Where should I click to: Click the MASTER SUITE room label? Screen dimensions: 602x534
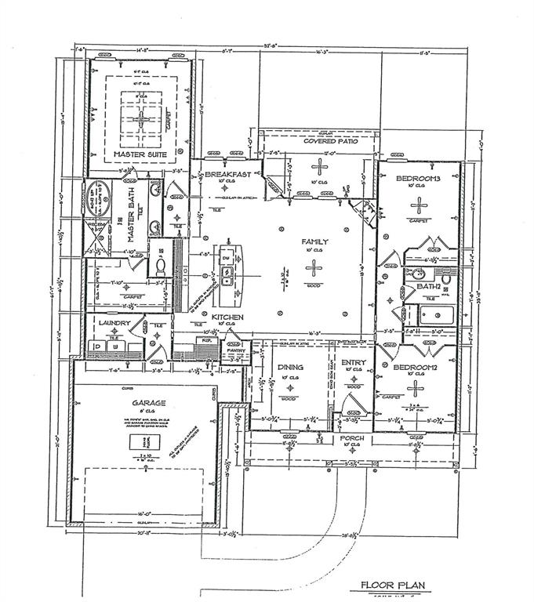[x=140, y=154]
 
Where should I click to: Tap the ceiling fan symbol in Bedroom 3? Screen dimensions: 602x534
[x=420, y=205]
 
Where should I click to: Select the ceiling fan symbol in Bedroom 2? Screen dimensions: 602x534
[x=416, y=386]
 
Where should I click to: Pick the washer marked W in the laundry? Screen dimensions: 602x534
[x=115, y=346]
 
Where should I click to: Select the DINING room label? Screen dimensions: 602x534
[x=290, y=364]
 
